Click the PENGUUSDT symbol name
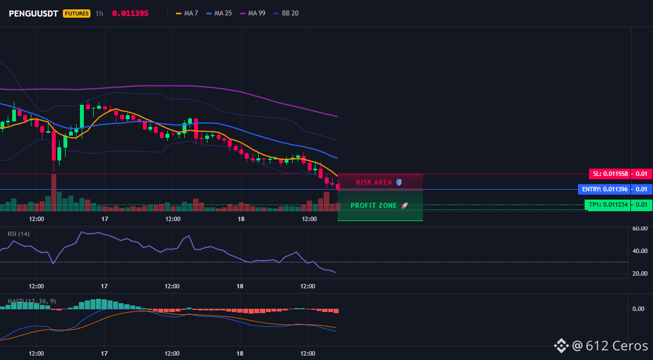tap(33, 13)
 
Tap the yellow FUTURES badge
tap(77, 13)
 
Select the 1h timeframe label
tap(99, 13)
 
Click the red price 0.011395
tap(130, 13)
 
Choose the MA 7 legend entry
tap(187, 13)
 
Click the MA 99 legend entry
tap(253, 13)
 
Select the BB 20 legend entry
tap(286, 13)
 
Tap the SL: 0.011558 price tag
tap(609, 174)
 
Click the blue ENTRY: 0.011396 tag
tap(604, 189)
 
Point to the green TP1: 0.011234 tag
tap(608, 205)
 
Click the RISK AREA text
tap(374, 182)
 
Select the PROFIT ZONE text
tap(374, 206)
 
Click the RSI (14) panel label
tap(19, 234)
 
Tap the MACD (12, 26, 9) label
tap(31, 301)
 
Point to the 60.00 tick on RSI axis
tap(640, 228)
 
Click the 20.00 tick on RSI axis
tap(640, 273)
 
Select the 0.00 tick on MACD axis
tap(639, 309)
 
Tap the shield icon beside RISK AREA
tap(399, 182)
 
